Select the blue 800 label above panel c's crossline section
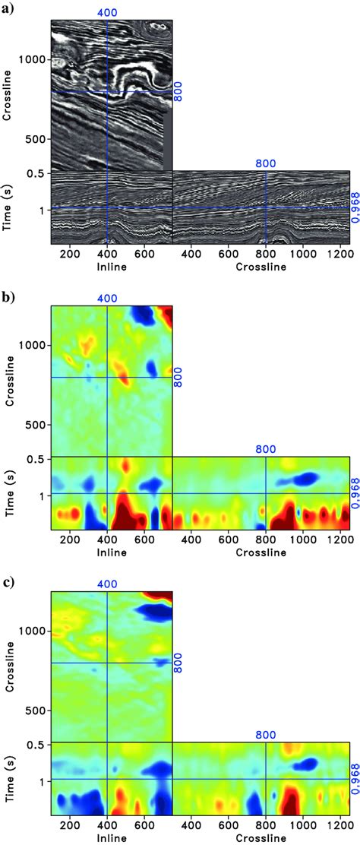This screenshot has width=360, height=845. [x=265, y=736]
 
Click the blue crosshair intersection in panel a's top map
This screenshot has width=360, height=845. [x=107, y=92]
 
